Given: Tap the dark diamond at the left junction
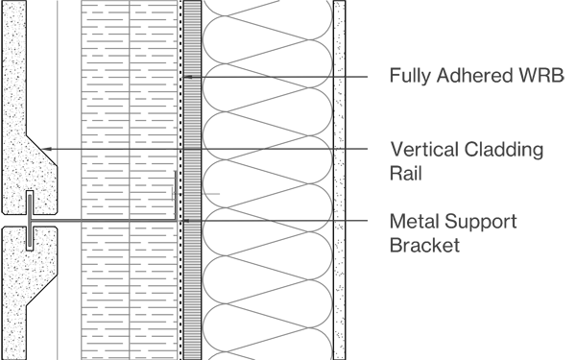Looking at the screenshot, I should (x=65, y=149).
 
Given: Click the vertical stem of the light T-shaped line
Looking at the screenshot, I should (x=30, y=206).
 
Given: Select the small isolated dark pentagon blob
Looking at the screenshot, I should (x=220, y=185).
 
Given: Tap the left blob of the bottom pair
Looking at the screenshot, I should (x=240, y=226).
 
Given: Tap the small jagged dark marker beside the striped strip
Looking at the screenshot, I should (x=173, y=192).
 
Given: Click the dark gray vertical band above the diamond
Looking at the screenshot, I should (x=55, y=67).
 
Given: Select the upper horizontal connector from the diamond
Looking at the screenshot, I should (x=125, y=149).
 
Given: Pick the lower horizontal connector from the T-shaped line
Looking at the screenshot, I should (x=125, y=221).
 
